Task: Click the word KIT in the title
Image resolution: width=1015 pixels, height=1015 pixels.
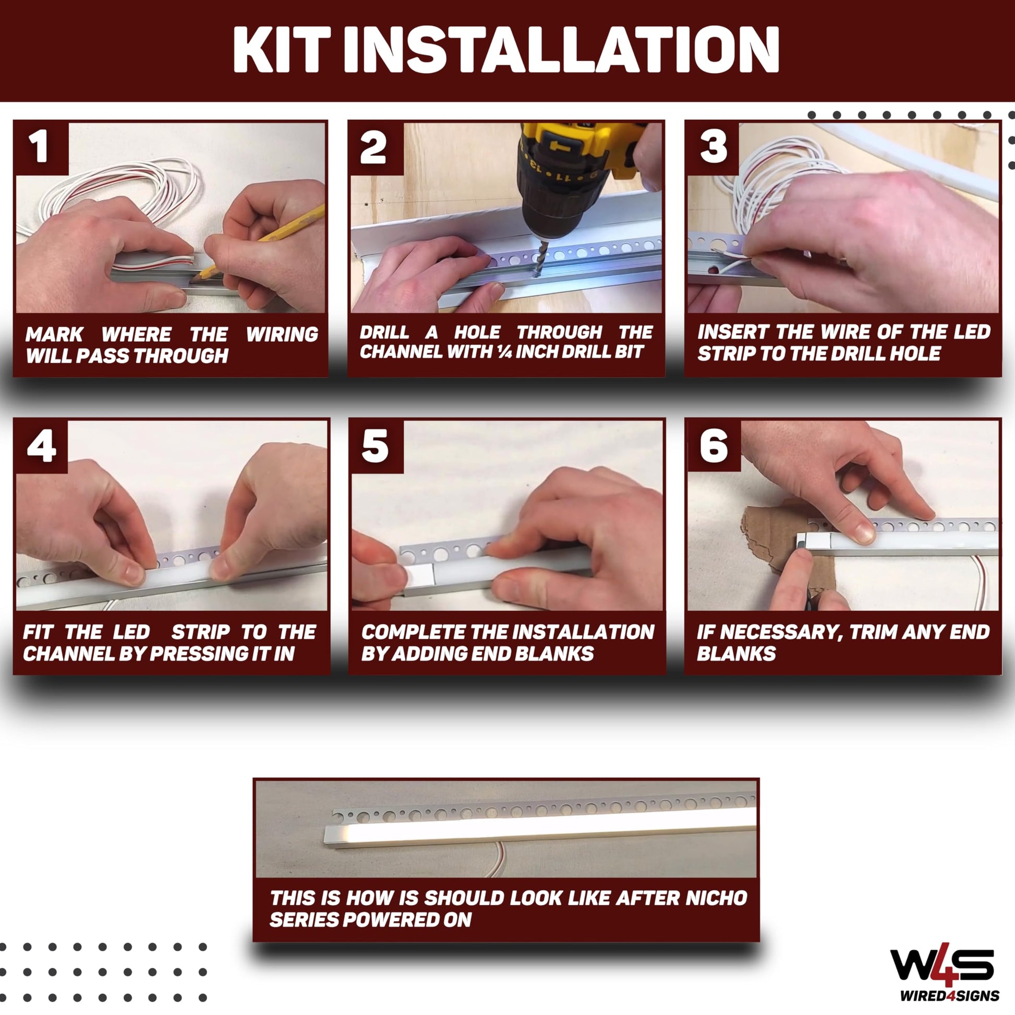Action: (x=282, y=50)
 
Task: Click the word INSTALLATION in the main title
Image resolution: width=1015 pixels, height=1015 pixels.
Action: (x=561, y=50)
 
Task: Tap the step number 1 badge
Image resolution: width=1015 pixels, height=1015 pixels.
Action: (x=41, y=147)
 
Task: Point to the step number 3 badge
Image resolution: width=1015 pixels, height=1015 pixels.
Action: (x=713, y=147)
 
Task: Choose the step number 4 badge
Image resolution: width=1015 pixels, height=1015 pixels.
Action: (x=42, y=446)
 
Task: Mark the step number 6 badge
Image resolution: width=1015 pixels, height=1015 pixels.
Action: (x=714, y=446)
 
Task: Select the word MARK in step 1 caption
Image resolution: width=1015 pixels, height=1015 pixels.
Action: (x=54, y=334)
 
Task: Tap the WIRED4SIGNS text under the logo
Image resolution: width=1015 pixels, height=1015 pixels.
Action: (x=950, y=996)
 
